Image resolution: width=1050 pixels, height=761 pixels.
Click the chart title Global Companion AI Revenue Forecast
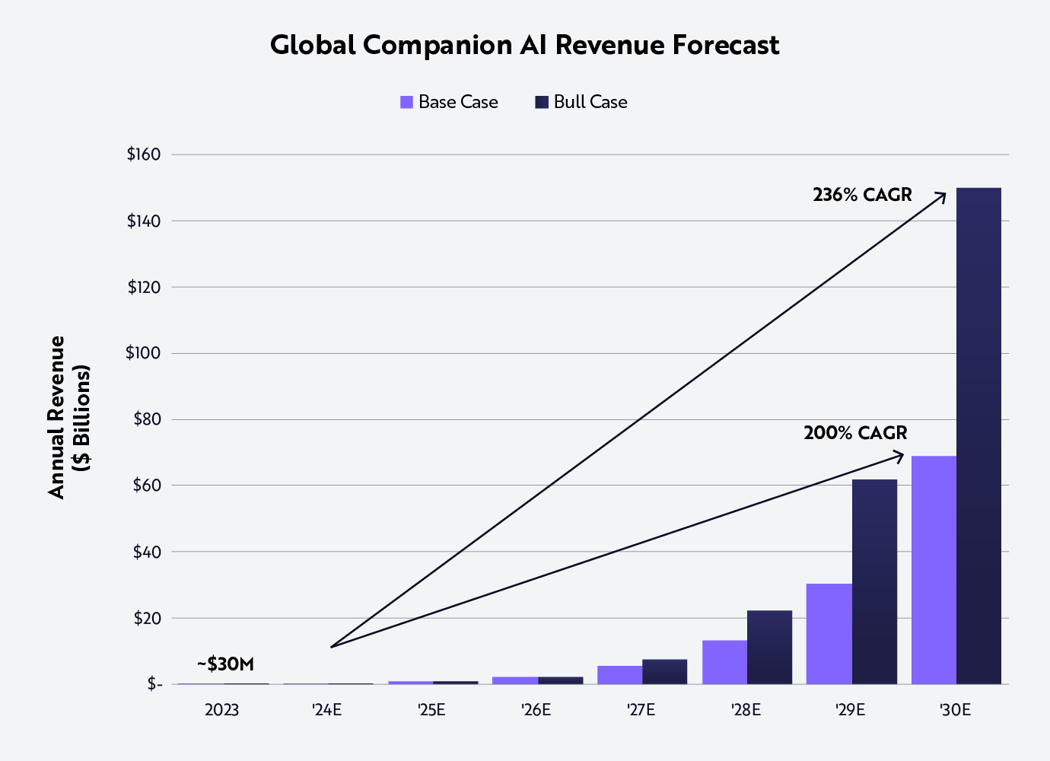coord(524,45)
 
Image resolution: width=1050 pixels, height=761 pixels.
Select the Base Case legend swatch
coord(406,102)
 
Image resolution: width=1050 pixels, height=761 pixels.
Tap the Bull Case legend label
coord(590,102)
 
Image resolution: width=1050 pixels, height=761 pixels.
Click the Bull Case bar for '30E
coord(978,435)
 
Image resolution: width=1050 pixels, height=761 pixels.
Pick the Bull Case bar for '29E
coord(874,581)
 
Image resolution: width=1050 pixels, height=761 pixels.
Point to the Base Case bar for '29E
coord(829,633)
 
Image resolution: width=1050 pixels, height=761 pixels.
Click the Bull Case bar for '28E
coord(769,647)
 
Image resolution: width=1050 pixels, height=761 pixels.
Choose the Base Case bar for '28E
coord(724,662)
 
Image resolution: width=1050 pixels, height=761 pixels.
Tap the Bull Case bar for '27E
coord(664,671)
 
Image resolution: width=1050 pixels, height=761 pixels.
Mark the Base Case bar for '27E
coord(619,675)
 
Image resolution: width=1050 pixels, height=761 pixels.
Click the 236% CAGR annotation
coord(862,195)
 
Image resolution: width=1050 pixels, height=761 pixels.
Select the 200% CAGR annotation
coord(855,433)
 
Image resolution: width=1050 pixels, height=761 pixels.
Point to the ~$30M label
coord(225,664)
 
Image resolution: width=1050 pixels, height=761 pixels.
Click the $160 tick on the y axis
coord(144,154)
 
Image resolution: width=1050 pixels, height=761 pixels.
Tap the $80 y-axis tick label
coord(147,419)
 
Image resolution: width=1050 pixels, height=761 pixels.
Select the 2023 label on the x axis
coord(221,710)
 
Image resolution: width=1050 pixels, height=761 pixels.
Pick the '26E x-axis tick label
coord(536,710)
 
